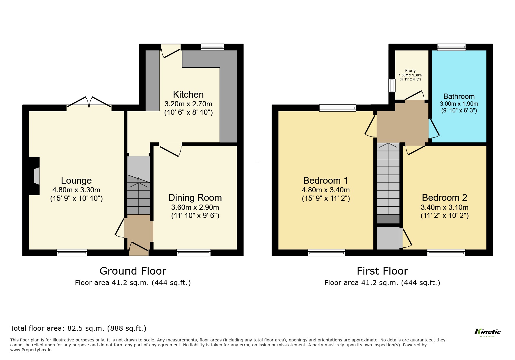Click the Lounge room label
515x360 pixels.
coord(76,180)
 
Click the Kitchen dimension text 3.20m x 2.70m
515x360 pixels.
coord(188,104)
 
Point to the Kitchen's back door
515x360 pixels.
coord(171,51)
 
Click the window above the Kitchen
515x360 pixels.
coord(212,47)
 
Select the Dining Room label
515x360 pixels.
coord(195,198)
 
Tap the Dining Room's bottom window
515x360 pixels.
coord(193,252)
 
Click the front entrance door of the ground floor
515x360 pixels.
coord(139,247)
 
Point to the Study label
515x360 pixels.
coord(410,71)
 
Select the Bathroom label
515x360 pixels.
coord(459,96)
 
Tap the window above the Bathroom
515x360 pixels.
coord(451,47)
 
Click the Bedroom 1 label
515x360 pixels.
coord(325,180)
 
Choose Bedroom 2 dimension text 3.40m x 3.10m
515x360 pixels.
coord(444,207)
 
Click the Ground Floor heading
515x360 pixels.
coord(133,271)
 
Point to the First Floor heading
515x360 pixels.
coord(382,271)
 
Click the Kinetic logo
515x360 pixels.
coord(488,332)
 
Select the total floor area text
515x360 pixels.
coord(78,328)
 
